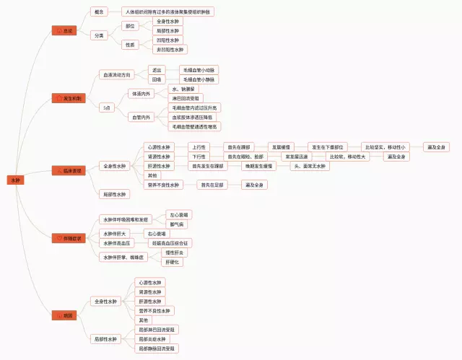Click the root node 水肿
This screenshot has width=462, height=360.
pos(17,180)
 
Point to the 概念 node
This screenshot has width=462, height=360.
pos(99,12)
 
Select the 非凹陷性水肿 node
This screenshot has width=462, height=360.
pos(170,50)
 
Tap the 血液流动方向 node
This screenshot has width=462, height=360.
pos(116,74)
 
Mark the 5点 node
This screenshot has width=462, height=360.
pos(107,107)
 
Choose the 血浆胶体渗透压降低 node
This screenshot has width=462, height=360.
pos(193,117)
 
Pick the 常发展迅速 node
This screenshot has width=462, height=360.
pos(296,156)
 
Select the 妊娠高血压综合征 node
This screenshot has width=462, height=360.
pos(171,243)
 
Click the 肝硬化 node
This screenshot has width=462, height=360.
pos(173,262)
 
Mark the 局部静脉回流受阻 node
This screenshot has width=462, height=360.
pos(157,348)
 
